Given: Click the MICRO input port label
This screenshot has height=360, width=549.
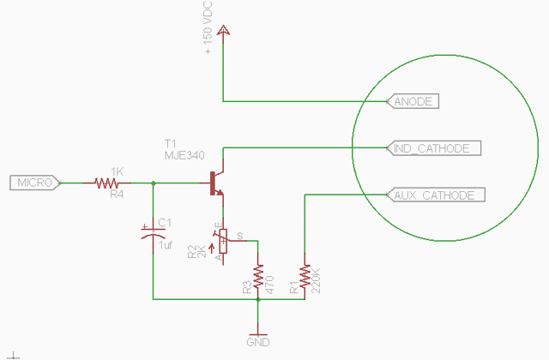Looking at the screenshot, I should tap(33, 183).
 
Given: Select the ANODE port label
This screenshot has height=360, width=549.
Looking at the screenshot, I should tap(414, 101).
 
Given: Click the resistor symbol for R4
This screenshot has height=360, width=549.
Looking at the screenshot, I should tap(107, 183).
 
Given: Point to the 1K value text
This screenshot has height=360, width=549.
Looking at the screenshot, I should tap(118, 171).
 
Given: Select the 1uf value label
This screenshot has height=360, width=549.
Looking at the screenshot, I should tap(167, 244).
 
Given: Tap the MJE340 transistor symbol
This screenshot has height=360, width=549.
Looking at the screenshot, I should tap(218, 183).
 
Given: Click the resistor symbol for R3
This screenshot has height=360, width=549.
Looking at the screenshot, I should tap(258, 273).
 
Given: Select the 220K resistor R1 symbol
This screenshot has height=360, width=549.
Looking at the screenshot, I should tap(305, 273).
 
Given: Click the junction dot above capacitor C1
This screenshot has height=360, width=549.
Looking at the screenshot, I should tap(153, 183).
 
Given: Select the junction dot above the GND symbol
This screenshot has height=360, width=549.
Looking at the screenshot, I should tap(258, 300).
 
